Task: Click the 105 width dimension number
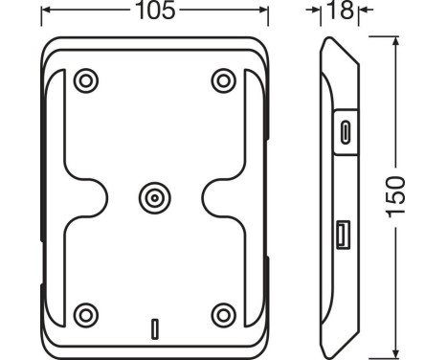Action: tap(154, 13)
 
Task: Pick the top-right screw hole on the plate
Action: tap(223, 79)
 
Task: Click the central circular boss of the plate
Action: tap(153, 197)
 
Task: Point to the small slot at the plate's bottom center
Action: tap(153, 326)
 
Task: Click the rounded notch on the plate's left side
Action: tap(90, 197)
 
